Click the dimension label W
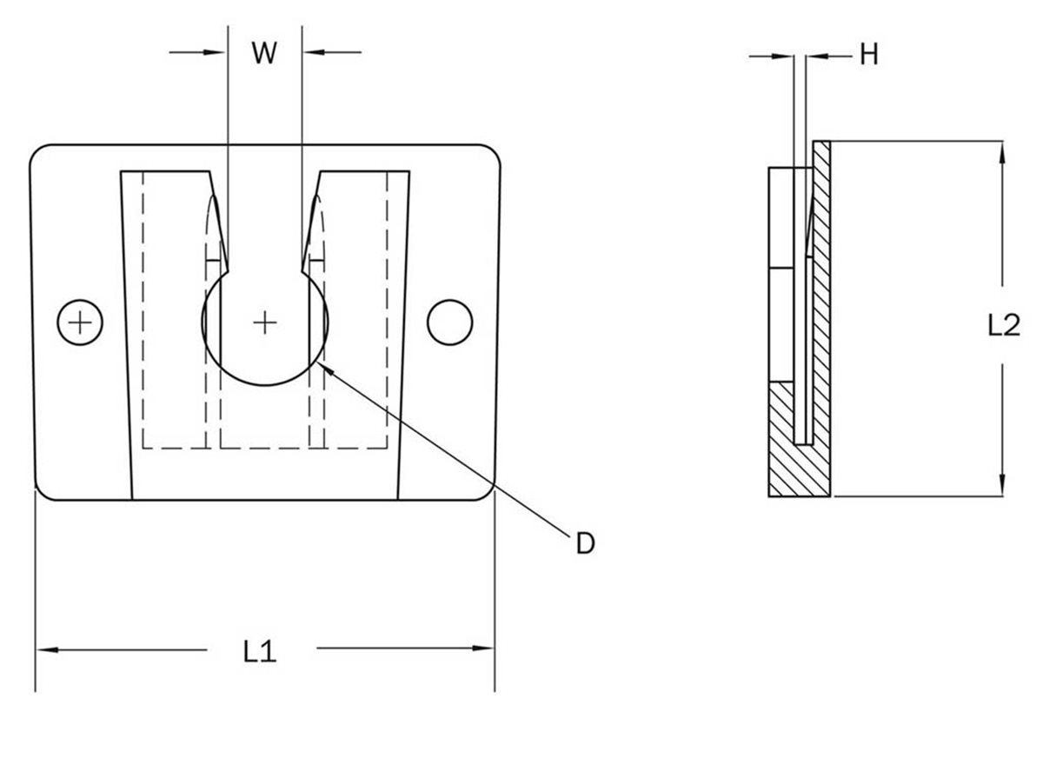pyautogui.click(x=264, y=53)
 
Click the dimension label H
pyautogui.click(x=868, y=56)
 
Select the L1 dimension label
pyautogui.click(x=259, y=651)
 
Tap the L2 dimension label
pyautogui.click(x=1004, y=325)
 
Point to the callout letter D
pyautogui.click(x=586, y=544)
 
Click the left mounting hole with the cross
pyautogui.click(x=80, y=323)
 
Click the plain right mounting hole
pyautogui.click(x=449, y=322)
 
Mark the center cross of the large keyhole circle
pyautogui.click(x=265, y=323)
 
